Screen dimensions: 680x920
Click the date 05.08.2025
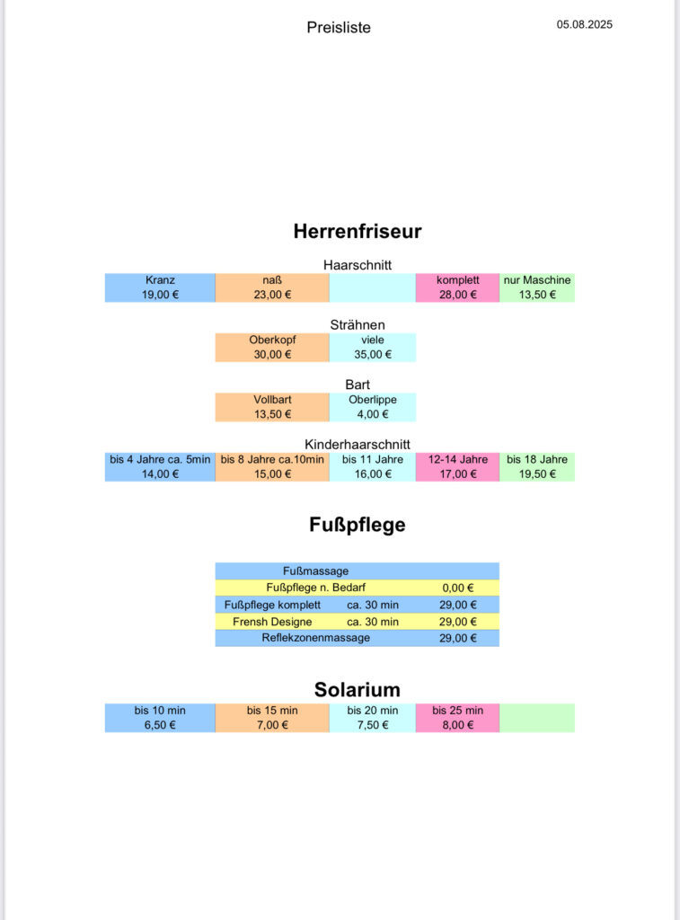coord(585,24)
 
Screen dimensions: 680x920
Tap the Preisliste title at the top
coord(339,28)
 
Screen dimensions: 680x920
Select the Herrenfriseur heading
coord(358,231)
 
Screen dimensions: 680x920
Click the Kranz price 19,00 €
coord(160,295)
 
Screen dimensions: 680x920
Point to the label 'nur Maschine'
coord(537,280)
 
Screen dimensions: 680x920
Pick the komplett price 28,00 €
coord(457,295)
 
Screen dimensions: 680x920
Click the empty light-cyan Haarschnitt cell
coord(373,287)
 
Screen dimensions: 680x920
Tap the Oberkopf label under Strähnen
coord(272,340)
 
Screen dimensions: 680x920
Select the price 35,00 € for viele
coord(373,354)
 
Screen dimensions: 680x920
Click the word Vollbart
coord(272,400)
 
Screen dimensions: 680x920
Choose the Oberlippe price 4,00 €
coord(373,414)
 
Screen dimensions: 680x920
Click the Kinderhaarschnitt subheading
coord(358,444)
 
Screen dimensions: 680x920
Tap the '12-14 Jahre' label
coord(457,459)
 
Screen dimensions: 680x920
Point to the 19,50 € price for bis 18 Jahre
coord(537,474)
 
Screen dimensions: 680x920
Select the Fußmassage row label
coord(315,571)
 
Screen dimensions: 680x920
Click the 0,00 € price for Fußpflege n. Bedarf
coord(457,588)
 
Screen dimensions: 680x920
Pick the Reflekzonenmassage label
coord(315,638)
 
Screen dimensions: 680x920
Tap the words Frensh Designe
coord(272,622)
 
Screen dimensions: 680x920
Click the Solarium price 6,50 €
coord(160,725)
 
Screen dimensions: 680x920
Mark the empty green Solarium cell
coord(537,718)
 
